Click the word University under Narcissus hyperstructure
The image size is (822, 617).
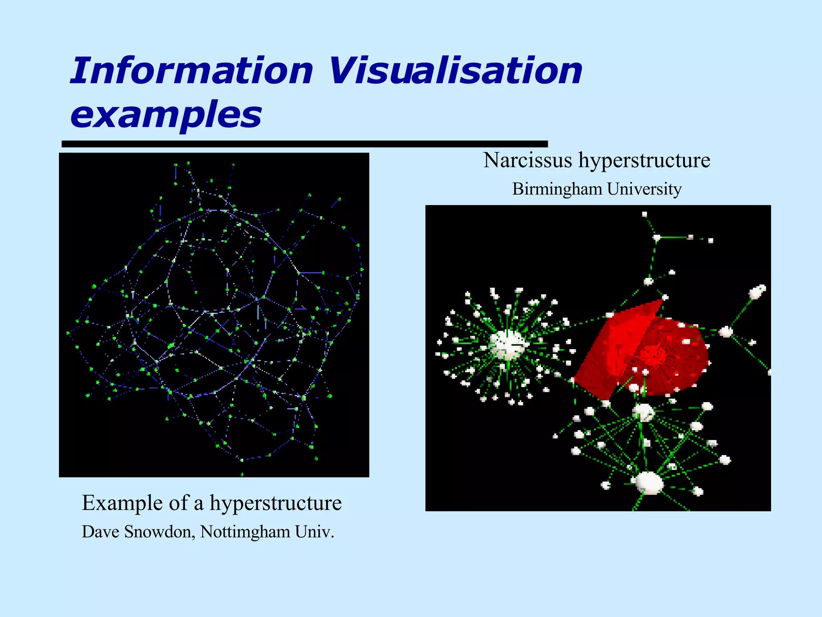(644, 189)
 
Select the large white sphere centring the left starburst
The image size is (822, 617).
(507, 345)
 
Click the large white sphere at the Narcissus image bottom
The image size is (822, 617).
(649, 483)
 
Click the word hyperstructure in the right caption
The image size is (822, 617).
(644, 161)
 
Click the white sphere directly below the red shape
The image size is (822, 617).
(643, 412)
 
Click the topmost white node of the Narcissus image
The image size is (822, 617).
(645, 214)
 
